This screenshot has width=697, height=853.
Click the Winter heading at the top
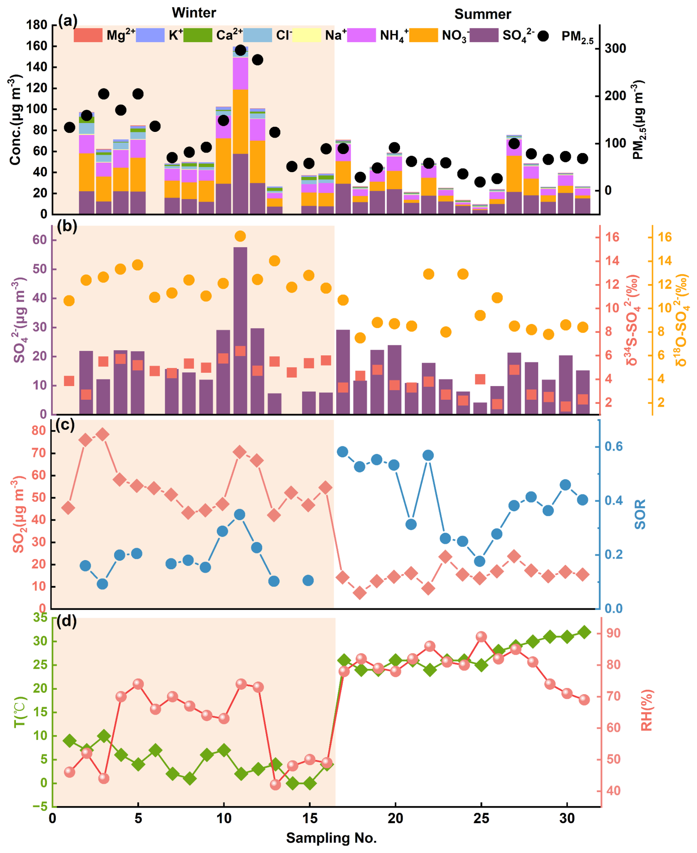tap(194, 13)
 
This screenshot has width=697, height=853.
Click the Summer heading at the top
tap(483, 14)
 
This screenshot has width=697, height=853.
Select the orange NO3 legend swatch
tap(424, 35)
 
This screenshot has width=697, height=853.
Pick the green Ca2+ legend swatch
tap(197, 35)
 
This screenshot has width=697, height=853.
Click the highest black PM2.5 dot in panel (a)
tap(241, 50)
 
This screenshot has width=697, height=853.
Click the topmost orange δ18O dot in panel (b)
tap(240, 236)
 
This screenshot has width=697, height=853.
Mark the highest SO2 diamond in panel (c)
tap(103, 434)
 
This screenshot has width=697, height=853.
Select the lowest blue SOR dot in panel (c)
tap(102, 584)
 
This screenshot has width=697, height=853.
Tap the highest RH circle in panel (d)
tap(481, 637)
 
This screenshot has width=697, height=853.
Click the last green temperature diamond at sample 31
tap(584, 632)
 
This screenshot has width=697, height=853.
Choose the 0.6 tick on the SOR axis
tap(614, 446)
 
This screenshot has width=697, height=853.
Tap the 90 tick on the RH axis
tap(613, 633)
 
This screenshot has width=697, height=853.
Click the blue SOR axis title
tap(640, 514)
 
